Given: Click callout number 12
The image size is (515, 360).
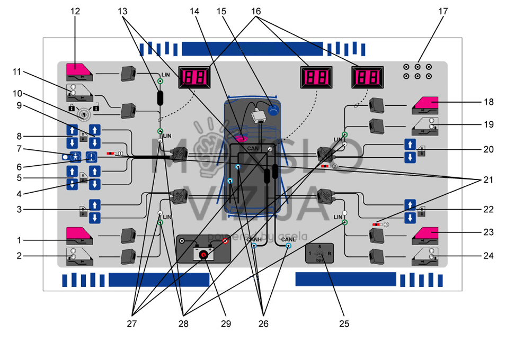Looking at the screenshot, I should pyautogui.click(x=75, y=11).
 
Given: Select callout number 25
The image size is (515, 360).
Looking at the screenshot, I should pyautogui.click(x=344, y=323).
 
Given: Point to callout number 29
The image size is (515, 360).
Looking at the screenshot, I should pyautogui.click(x=227, y=323).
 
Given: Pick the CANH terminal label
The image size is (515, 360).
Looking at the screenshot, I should pyautogui.click(x=254, y=240).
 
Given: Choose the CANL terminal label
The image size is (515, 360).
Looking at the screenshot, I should pyautogui.click(x=288, y=240).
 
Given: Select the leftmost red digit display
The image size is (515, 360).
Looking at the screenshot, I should pyautogui.click(x=193, y=77).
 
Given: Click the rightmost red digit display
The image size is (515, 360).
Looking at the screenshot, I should pyautogui.click(x=367, y=77).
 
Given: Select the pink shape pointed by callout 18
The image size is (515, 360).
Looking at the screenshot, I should pyautogui.click(x=426, y=104).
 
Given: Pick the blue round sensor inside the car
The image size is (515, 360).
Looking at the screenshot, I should pyautogui.click(x=273, y=110).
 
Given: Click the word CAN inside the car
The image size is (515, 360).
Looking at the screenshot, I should pyautogui.click(x=253, y=149).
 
